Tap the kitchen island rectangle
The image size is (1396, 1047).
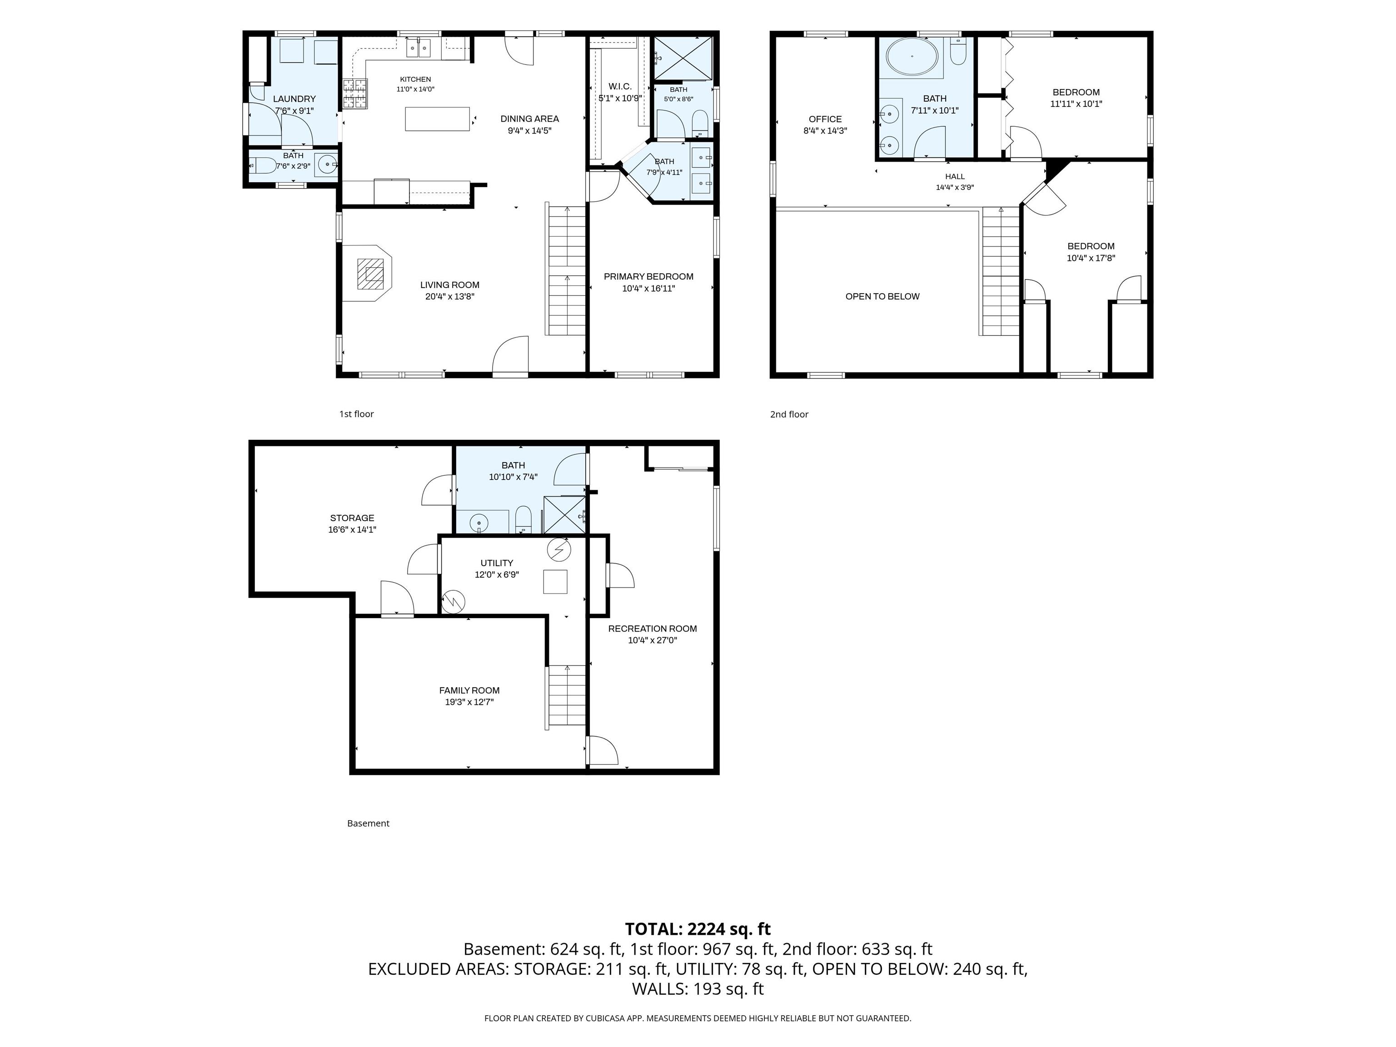coord(437,119)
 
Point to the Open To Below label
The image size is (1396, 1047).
coord(882,297)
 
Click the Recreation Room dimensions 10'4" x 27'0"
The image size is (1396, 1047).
coord(653,640)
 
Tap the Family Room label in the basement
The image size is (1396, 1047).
coord(469,690)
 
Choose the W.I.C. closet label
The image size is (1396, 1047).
coord(620,86)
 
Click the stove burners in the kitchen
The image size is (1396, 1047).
coord(354,94)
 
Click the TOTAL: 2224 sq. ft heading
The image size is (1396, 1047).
coord(698,929)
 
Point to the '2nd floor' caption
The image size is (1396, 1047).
coord(789,414)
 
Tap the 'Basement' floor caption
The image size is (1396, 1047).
coord(368,823)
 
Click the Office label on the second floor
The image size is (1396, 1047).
coord(825,119)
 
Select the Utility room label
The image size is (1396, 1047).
coord(497,563)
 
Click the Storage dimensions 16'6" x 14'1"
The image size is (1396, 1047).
coord(352,529)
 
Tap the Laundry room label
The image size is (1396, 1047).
coord(294,99)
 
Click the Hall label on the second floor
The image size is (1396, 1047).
coord(955,177)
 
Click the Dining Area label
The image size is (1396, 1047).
coord(529,119)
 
